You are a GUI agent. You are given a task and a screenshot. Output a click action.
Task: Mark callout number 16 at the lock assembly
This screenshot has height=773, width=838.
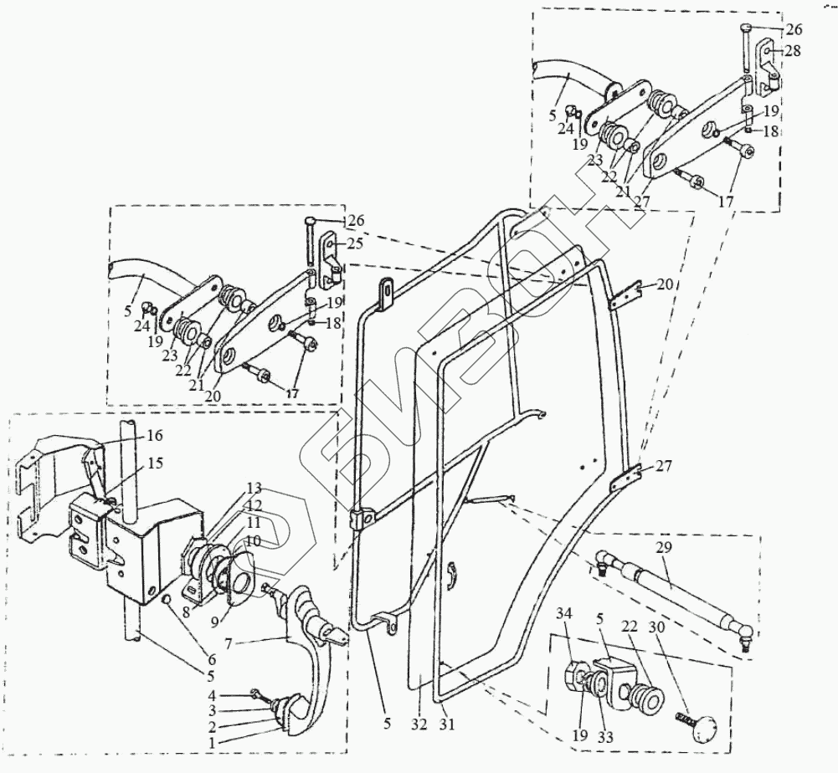(x=156, y=436)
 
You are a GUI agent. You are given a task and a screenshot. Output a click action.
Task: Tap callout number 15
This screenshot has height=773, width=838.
(x=157, y=463)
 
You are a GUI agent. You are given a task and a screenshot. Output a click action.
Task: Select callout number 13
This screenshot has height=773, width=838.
(x=254, y=488)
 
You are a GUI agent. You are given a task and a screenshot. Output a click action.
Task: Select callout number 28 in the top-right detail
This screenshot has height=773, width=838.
(x=792, y=51)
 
